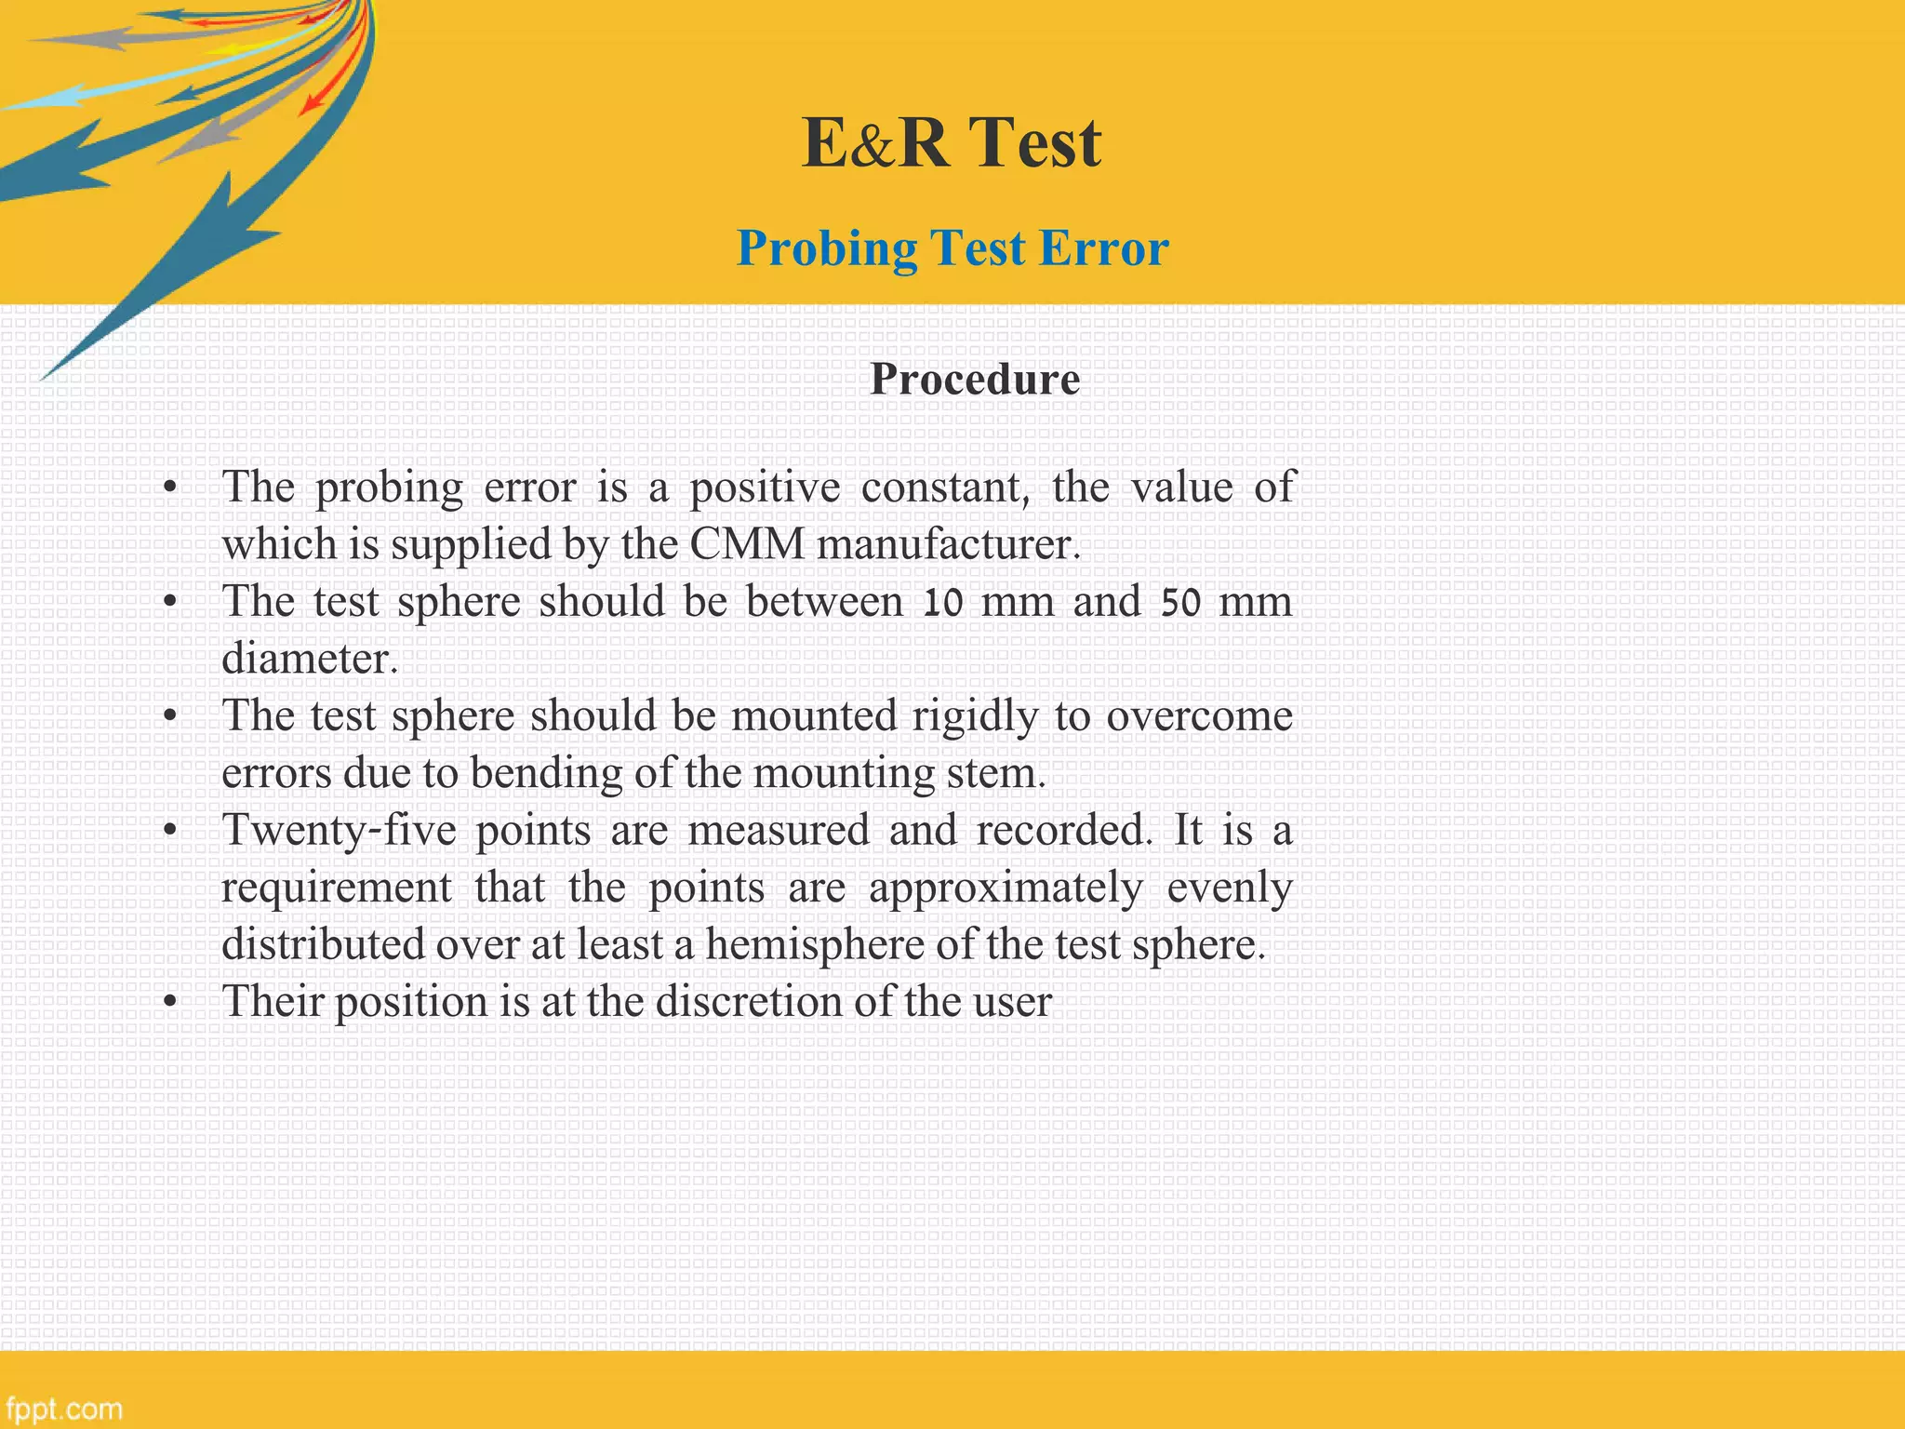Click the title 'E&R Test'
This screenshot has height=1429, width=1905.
tap(952, 142)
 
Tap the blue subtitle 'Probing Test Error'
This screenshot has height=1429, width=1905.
tap(952, 248)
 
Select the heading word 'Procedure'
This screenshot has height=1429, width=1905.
tap(975, 379)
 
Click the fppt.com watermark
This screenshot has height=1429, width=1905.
tap(63, 1409)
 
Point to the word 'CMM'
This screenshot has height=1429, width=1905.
tap(747, 544)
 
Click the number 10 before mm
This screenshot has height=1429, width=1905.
tap(941, 602)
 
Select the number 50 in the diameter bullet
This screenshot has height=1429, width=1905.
tap(1180, 602)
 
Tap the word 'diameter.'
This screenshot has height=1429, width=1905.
tap(310, 659)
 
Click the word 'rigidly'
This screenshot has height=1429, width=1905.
tap(974, 716)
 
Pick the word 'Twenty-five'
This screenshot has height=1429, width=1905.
tap(339, 830)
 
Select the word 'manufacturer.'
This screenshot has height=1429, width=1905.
tap(949, 544)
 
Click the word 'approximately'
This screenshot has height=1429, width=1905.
tap(1006, 888)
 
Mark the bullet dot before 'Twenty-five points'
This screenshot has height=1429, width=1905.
tap(169, 831)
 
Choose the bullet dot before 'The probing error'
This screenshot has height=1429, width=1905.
tap(169, 488)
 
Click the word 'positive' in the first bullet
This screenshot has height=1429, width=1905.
tap(765, 487)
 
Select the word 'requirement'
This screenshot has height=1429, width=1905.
tap(337, 888)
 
